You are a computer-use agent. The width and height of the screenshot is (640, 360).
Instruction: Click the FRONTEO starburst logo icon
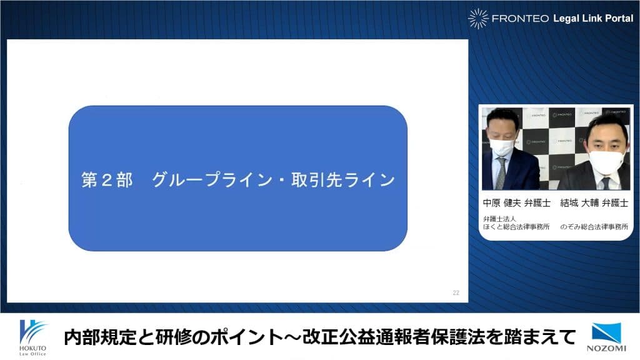478,18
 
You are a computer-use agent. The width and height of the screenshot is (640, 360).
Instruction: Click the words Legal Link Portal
593,18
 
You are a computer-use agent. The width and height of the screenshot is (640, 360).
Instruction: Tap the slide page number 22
456,292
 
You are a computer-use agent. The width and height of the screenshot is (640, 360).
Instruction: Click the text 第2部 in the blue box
107,180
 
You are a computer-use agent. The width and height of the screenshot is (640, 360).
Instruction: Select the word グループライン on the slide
212,180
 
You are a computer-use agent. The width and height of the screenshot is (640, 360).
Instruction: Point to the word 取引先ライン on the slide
343,180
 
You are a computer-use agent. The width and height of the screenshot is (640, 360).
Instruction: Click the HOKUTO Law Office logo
33,337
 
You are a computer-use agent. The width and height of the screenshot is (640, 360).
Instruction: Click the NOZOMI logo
606,337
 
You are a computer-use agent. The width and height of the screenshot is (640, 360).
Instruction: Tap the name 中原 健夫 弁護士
517,203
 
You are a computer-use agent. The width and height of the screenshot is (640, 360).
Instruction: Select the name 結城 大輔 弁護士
594,203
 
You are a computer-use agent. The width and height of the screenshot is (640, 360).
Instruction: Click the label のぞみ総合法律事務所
594,226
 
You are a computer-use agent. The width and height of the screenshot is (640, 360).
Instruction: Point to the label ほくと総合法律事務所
516,226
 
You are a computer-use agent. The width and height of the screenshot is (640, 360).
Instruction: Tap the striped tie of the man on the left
501,174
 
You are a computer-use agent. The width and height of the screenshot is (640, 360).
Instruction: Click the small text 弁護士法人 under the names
499,219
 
